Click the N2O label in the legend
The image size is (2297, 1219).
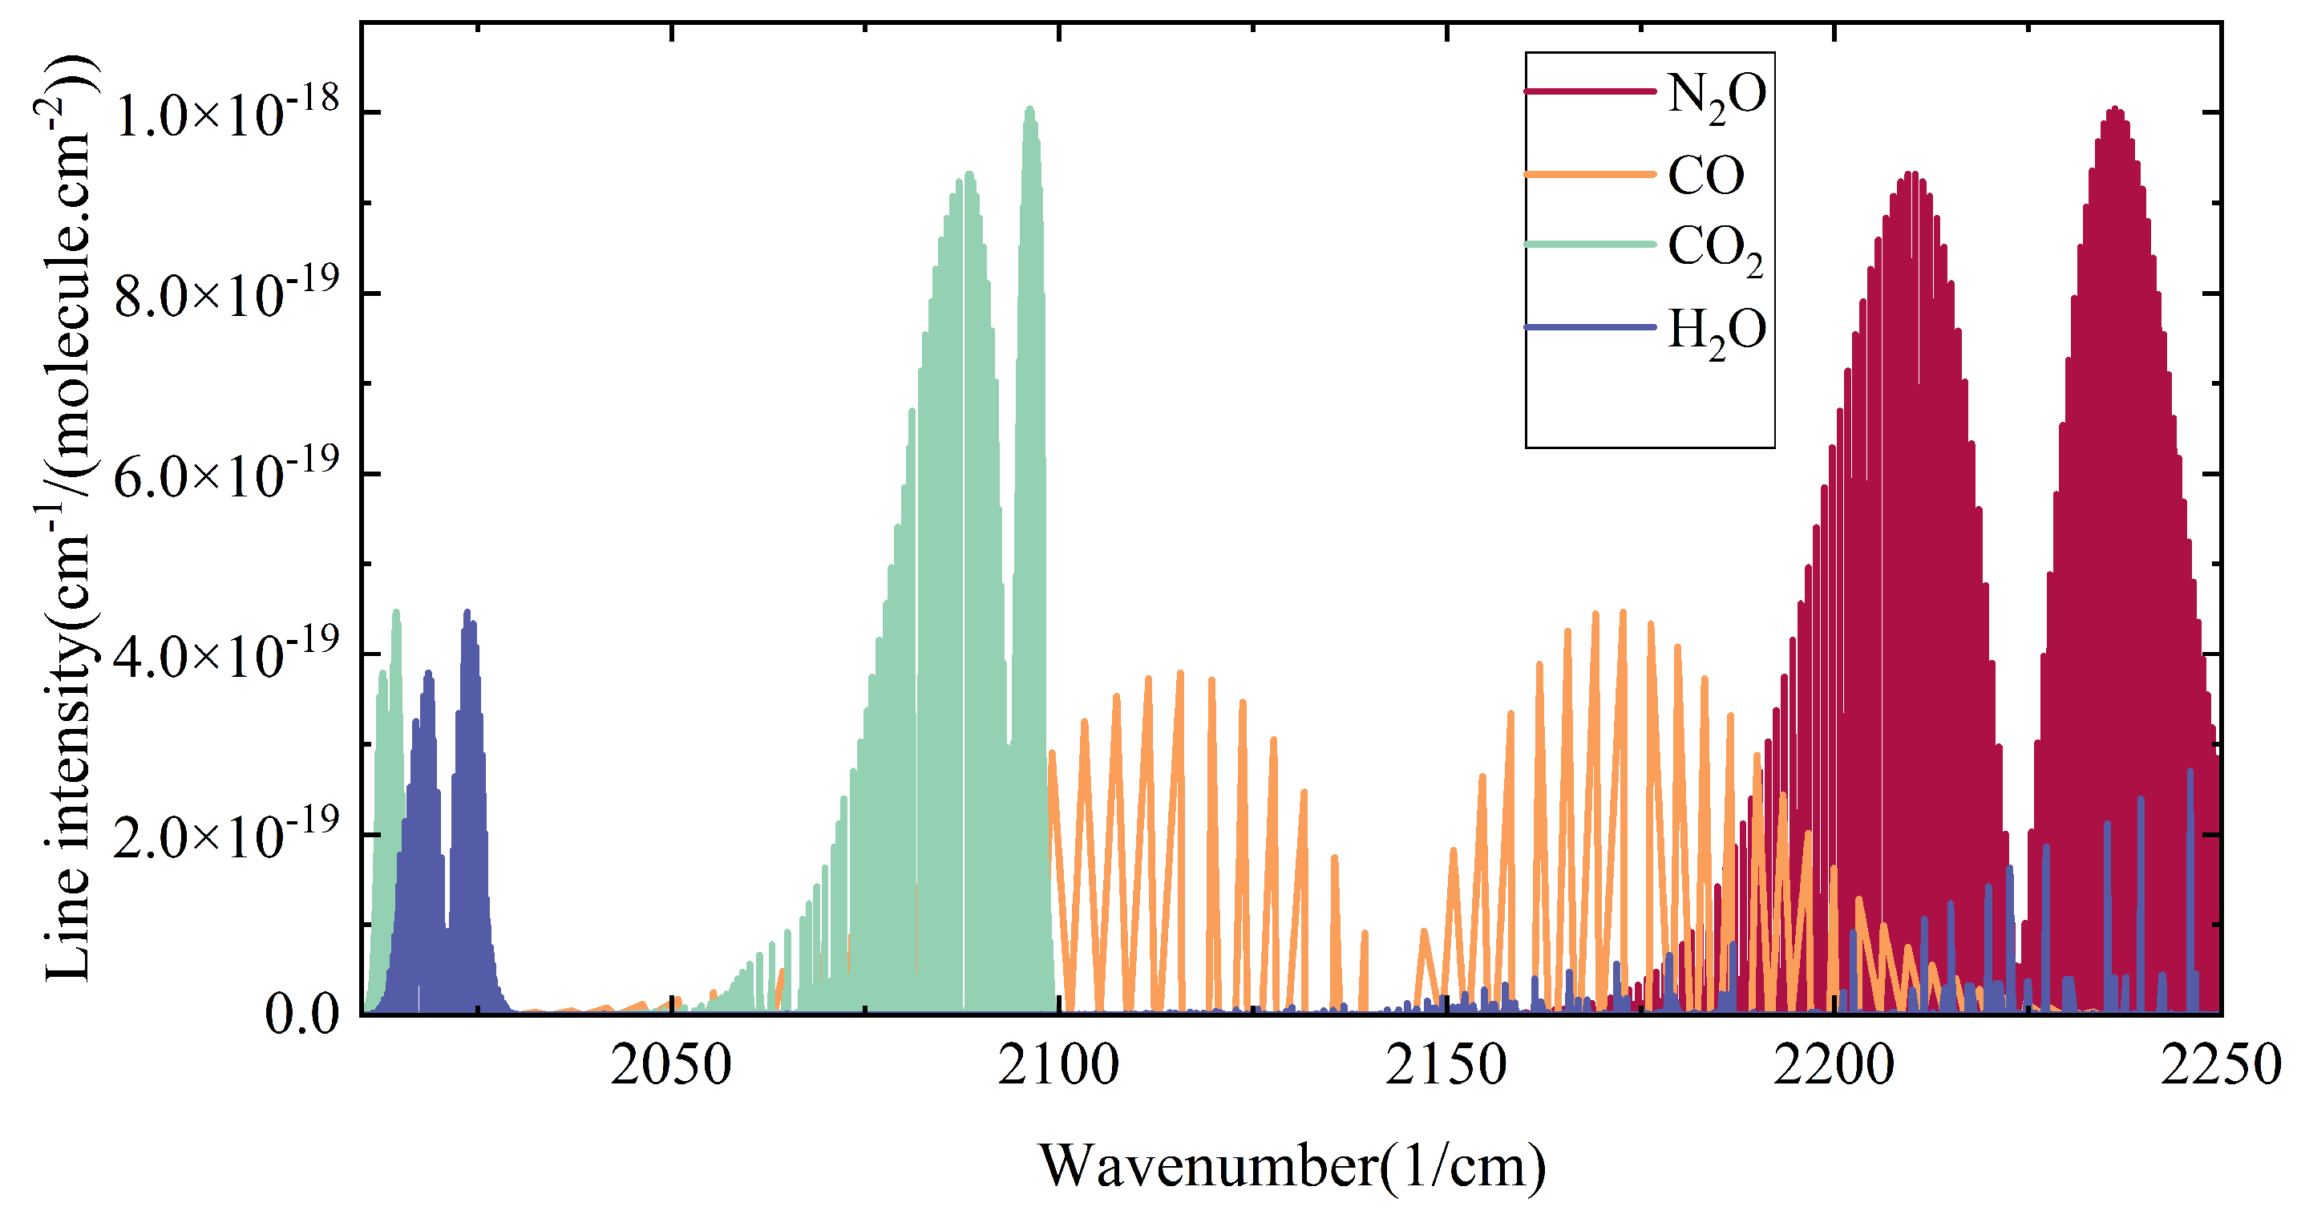(x=1716, y=95)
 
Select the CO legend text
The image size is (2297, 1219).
(x=1705, y=175)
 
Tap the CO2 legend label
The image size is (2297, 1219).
(x=1714, y=249)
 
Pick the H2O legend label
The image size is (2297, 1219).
(x=1716, y=331)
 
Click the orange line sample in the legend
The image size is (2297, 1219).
(x=1590, y=174)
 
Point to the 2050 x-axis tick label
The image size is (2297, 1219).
(x=670, y=1066)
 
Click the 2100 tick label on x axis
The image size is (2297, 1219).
(x=1058, y=1066)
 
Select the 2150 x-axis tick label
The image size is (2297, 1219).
(x=1446, y=1066)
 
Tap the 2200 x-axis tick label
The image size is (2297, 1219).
(x=1834, y=1066)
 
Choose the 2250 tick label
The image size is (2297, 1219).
(x=2218, y=1066)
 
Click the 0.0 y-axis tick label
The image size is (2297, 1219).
(x=302, y=1015)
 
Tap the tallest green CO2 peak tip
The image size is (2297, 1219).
(x=1030, y=109)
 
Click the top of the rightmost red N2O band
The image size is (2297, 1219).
(x=2114, y=109)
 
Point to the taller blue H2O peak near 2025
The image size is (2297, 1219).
(x=467, y=613)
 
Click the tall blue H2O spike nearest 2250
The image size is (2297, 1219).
(x=2190, y=771)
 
